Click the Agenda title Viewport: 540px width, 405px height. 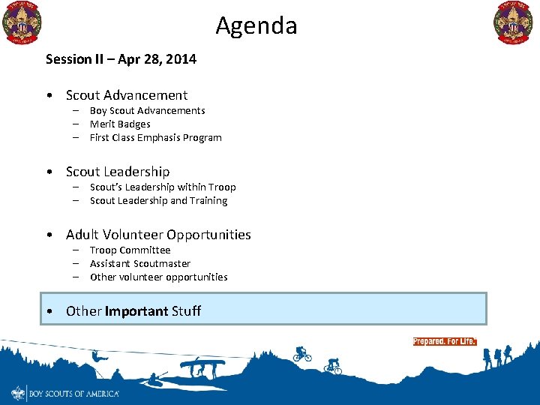pos(256,26)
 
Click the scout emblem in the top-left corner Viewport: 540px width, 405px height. pos(22,22)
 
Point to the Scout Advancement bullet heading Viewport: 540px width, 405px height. pos(127,95)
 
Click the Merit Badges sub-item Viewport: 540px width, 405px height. pos(120,124)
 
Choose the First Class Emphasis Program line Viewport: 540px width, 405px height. pos(155,138)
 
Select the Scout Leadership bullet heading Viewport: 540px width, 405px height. pos(118,172)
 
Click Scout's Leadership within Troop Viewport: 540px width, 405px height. pos(163,187)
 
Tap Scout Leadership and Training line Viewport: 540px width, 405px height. pos(158,201)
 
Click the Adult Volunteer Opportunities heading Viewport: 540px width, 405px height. pos(158,235)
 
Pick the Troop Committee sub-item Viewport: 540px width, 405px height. pos(130,250)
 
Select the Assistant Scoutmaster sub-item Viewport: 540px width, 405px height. pos(140,264)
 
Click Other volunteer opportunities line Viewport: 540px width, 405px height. pos(158,277)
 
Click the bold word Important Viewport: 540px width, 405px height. pos(136,311)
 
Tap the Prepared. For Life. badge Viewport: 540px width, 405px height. pos(444,341)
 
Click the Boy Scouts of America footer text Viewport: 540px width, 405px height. pos(73,393)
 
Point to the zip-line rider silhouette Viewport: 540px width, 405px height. pos(97,357)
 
